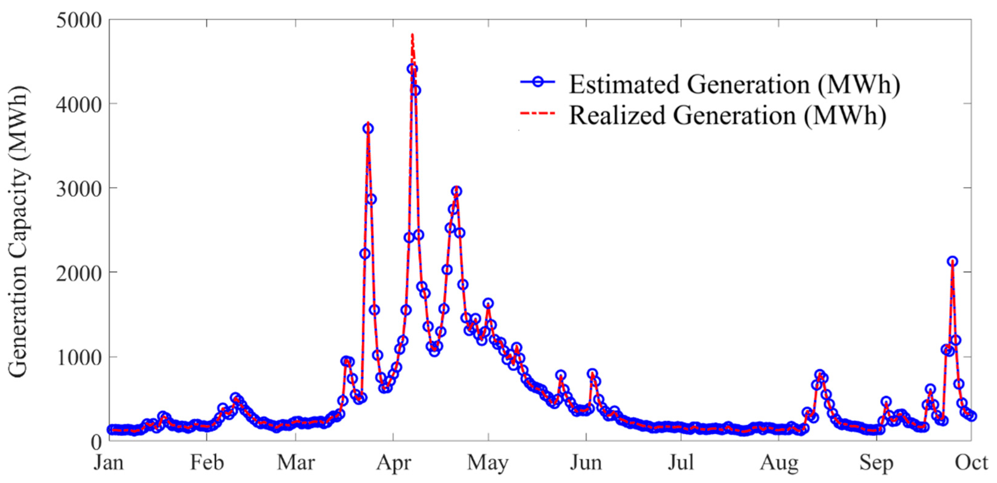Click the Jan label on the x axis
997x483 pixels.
coord(109,463)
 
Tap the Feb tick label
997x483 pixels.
coord(207,463)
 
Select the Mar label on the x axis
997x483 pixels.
coord(296,463)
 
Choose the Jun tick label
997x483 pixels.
coord(586,463)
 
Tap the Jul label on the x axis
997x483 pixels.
coord(681,463)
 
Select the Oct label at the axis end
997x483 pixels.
coord(971,463)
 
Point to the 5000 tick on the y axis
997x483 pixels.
coord(78,20)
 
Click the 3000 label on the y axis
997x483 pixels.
coord(78,189)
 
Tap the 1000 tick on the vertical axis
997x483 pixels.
coord(78,357)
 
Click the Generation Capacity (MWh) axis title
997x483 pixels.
coord(18,232)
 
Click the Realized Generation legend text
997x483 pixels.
coord(728,115)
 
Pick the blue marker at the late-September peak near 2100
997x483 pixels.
coord(952,261)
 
